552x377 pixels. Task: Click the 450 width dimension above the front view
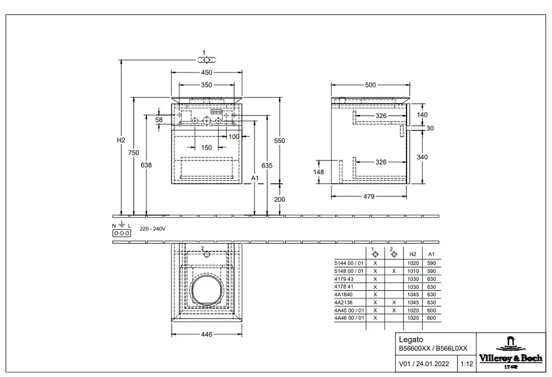pyautogui.click(x=207, y=72)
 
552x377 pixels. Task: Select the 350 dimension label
pyautogui.click(x=207, y=85)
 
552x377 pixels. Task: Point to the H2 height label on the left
pyautogui.click(x=121, y=140)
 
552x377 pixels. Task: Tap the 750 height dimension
pyautogui.click(x=134, y=153)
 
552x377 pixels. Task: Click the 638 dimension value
pyautogui.click(x=146, y=165)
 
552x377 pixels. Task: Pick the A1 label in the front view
pyautogui.click(x=255, y=178)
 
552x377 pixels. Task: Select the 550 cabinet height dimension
pyautogui.click(x=280, y=141)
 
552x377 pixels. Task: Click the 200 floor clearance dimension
pyautogui.click(x=280, y=199)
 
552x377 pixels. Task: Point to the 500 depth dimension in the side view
pyautogui.click(x=371, y=85)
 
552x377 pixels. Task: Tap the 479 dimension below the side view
pyautogui.click(x=369, y=196)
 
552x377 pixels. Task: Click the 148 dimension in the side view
pyautogui.click(x=319, y=172)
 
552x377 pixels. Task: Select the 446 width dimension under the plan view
pyautogui.click(x=207, y=335)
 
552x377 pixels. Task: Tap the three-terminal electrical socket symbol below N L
pyautogui.click(x=122, y=233)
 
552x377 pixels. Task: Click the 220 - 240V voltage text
pyautogui.click(x=153, y=229)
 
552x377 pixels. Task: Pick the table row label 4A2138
pyautogui.click(x=343, y=302)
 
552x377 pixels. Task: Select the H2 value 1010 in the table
pyautogui.click(x=413, y=271)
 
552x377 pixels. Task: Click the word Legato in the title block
pyautogui.click(x=411, y=340)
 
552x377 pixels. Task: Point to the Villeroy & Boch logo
pyautogui.click(x=511, y=352)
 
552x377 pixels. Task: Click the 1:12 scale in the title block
pyautogui.click(x=467, y=364)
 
